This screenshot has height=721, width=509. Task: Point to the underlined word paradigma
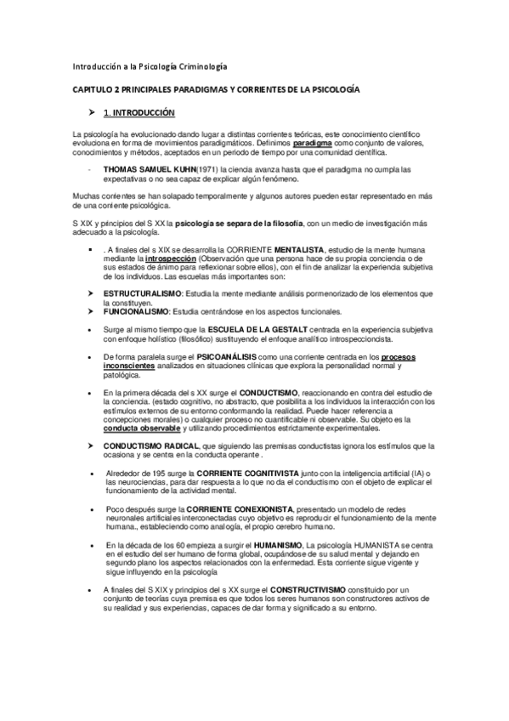click(x=310, y=145)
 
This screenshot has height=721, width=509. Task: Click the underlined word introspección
click(x=170, y=255)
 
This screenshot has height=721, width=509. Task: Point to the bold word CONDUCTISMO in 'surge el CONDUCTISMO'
click(x=250, y=392)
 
